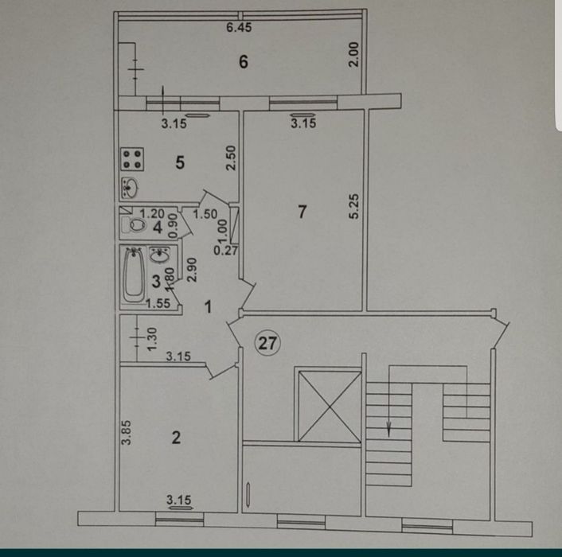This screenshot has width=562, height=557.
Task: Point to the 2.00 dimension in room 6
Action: click(x=356, y=53)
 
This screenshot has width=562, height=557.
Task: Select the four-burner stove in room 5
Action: click(x=132, y=159)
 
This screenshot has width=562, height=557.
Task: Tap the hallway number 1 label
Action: click(x=208, y=307)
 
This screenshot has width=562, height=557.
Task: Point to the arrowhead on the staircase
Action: click(x=389, y=430)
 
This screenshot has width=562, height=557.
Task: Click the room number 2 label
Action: click(x=176, y=436)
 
